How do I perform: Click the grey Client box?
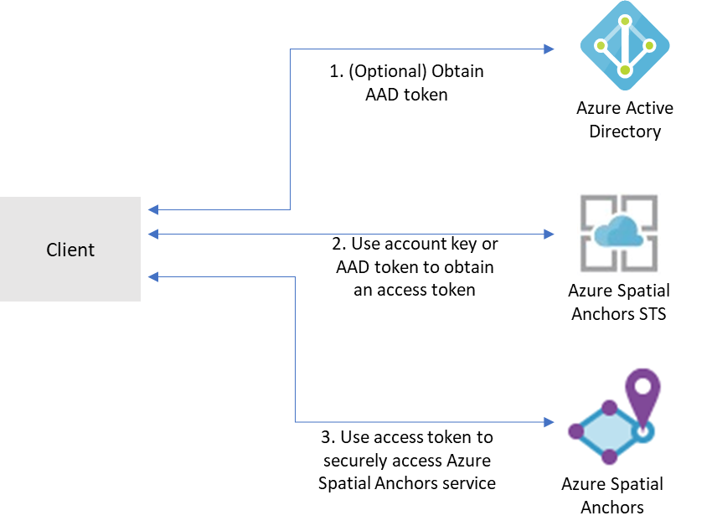pos(70,249)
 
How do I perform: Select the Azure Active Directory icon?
pos(624,46)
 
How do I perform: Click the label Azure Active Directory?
pos(624,120)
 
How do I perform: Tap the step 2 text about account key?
pos(415,267)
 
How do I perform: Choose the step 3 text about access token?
pos(407,460)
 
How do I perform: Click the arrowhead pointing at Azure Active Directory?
pos(549,49)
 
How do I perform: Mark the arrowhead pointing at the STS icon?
pos(549,234)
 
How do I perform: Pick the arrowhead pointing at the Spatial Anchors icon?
pos(549,421)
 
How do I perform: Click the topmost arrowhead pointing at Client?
pos(152,209)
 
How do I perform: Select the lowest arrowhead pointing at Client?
pos(152,276)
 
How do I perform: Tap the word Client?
pos(70,250)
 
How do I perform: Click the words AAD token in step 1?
pos(406,95)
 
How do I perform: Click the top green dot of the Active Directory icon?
pos(624,18)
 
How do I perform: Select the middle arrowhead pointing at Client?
pos(152,234)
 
